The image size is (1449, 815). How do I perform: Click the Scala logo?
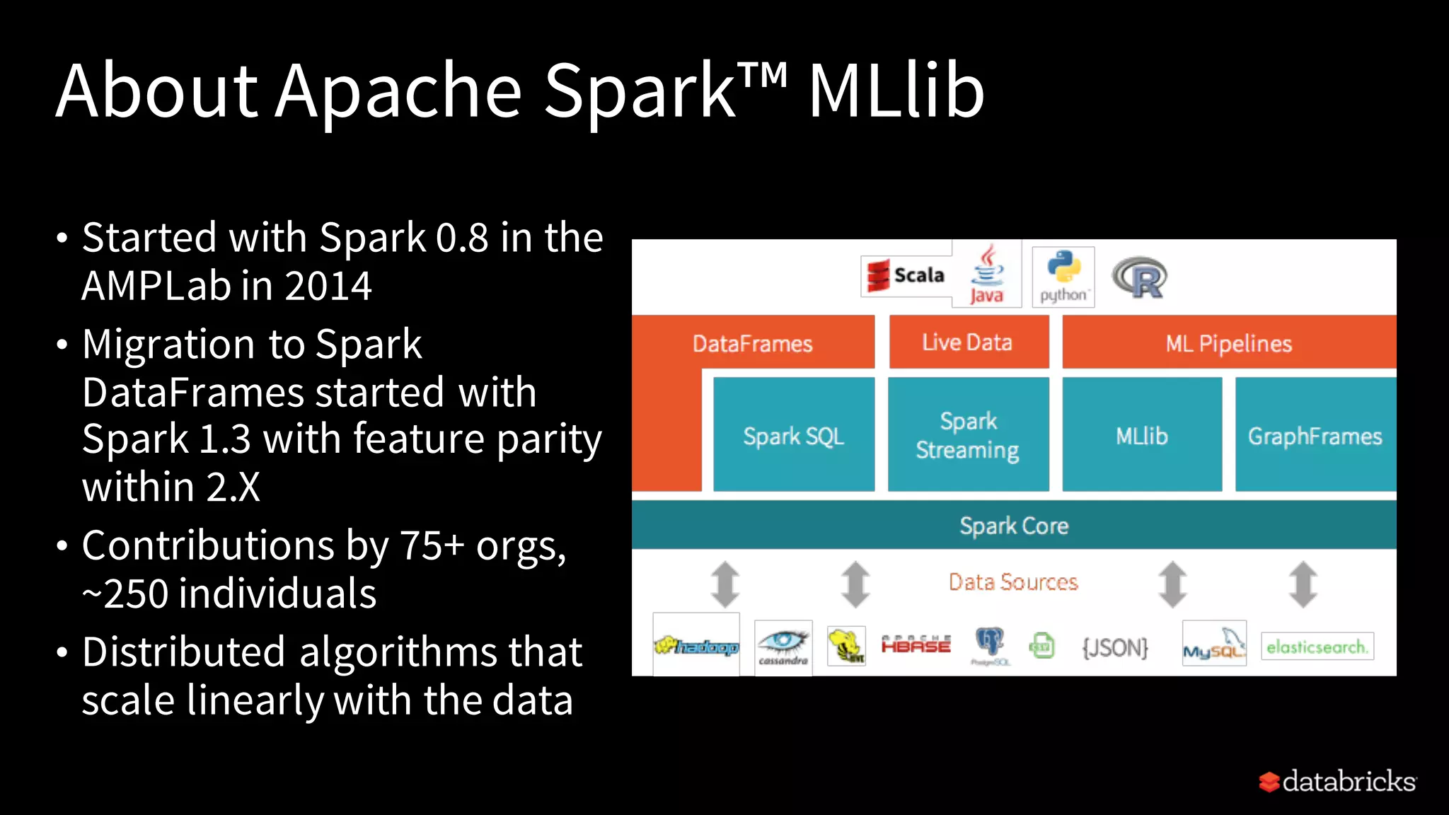(x=906, y=275)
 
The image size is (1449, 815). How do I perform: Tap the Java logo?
(x=987, y=275)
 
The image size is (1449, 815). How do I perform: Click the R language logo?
(x=1140, y=278)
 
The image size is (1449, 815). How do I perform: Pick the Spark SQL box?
(x=794, y=434)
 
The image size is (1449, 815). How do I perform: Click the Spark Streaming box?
(x=968, y=434)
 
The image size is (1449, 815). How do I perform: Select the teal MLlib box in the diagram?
(x=1142, y=434)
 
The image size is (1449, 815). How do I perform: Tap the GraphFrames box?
(x=1315, y=434)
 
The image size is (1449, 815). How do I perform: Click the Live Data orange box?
(x=968, y=342)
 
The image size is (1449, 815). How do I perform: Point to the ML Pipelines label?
(x=1229, y=344)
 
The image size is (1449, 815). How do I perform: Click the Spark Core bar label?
(x=1014, y=526)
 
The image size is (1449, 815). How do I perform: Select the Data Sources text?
(x=1013, y=582)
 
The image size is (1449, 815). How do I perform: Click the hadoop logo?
(x=696, y=645)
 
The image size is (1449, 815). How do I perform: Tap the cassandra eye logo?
(x=783, y=646)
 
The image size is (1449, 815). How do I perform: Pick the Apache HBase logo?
(x=916, y=645)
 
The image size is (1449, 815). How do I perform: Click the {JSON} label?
(x=1115, y=647)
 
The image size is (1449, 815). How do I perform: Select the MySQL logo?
(x=1214, y=645)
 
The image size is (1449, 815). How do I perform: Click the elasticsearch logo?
(x=1317, y=647)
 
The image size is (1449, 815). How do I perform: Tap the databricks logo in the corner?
(x=1338, y=781)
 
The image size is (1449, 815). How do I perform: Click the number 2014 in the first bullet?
(x=328, y=286)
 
